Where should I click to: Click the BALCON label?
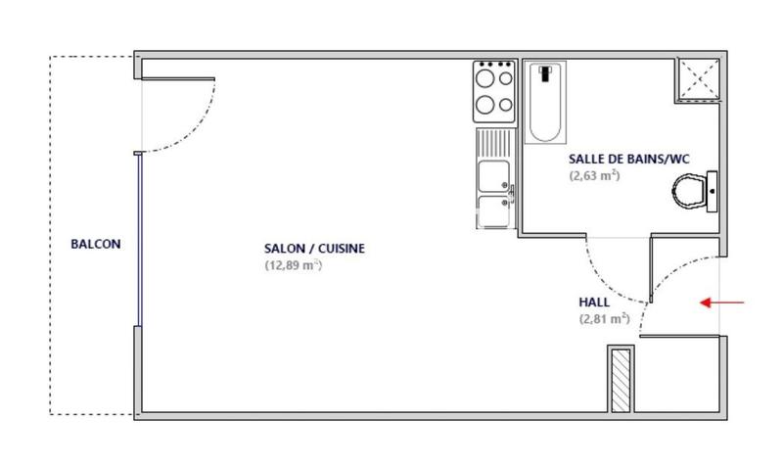96,245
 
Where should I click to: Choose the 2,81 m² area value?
604,319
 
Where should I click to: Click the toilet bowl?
693,190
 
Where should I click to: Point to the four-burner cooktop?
494,89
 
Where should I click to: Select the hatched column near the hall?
621,380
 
